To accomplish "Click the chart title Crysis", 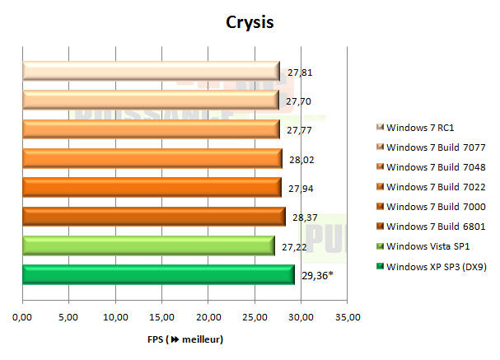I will point(250,21).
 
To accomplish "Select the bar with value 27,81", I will point(151,72).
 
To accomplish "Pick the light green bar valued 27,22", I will point(148,245).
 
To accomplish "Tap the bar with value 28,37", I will point(154,217).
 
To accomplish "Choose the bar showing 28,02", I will point(152,159).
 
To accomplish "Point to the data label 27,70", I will point(299,101).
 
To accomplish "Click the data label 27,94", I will point(301,188).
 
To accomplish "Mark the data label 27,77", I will point(299,130).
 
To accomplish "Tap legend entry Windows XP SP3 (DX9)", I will point(435,266).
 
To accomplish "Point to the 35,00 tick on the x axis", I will point(348,316).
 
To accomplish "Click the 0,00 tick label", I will point(23,316).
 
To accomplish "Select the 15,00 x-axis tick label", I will point(162,316).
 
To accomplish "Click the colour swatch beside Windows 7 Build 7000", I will point(380,207).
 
